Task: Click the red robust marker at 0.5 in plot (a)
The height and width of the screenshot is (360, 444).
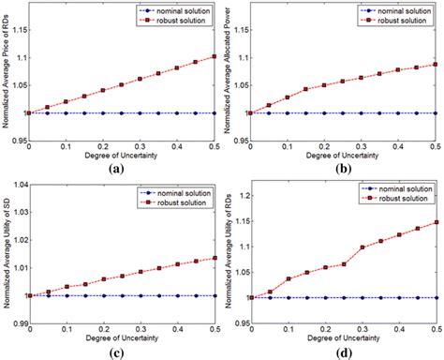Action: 213,56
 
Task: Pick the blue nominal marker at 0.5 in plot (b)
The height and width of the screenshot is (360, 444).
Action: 436,113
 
